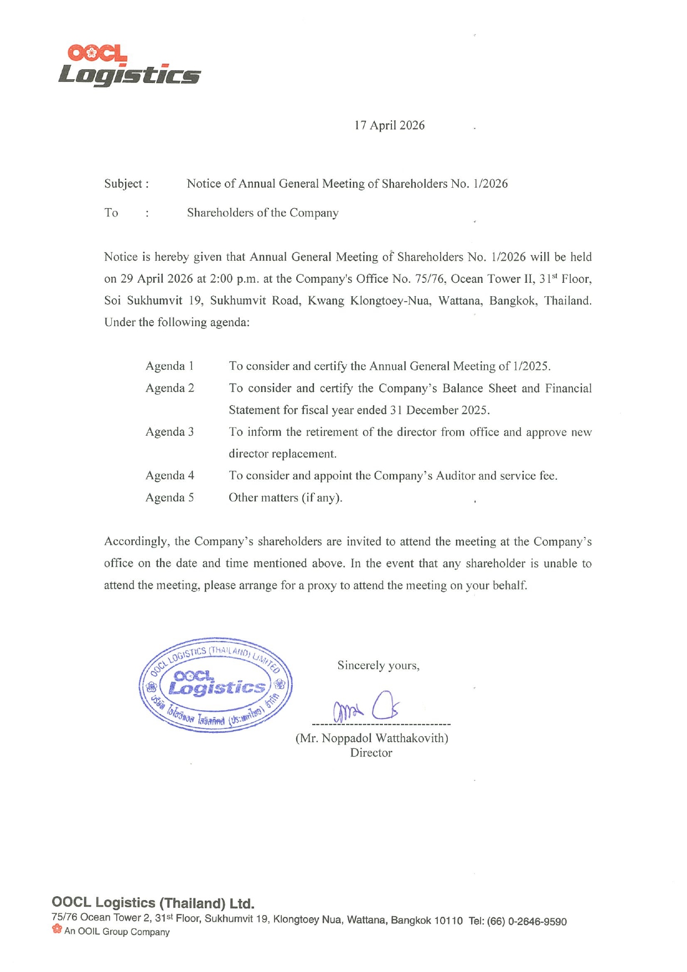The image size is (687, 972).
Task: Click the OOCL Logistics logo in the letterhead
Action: click(129, 66)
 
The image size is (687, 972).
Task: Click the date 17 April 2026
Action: click(389, 126)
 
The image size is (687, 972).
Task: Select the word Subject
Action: click(123, 184)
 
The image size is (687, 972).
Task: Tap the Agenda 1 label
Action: click(169, 366)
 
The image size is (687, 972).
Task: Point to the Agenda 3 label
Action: click(169, 432)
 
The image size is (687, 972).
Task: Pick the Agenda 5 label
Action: click(169, 498)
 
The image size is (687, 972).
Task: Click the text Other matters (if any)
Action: click(285, 498)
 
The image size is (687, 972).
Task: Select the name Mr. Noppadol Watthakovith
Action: click(372, 738)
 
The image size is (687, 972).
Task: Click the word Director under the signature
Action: click(371, 753)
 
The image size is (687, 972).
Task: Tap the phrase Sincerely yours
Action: click(378, 665)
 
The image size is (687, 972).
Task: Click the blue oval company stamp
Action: click(216, 685)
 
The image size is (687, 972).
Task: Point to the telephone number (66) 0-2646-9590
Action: click(526, 922)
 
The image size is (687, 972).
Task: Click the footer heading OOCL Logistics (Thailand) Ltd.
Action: click(153, 903)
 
